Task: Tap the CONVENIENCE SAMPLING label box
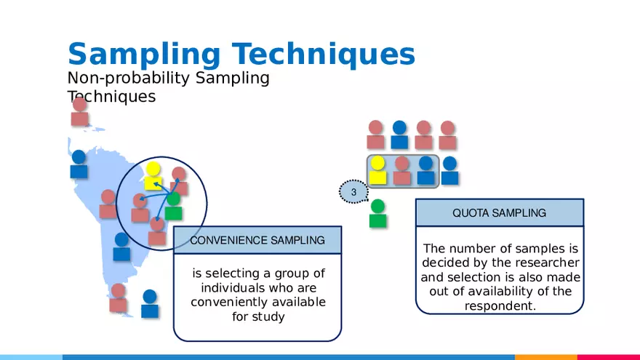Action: (x=257, y=240)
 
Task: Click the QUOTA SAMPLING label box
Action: (x=499, y=213)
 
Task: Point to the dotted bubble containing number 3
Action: (x=353, y=192)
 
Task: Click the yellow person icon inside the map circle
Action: (x=153, y=176)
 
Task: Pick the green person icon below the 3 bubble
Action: (x=377, y=214)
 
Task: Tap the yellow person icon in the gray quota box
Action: (x=377, y=170)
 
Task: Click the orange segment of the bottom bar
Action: (x=545, y=357)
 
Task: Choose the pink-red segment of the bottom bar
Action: (x=608, y=357)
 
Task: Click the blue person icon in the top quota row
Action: (x=399, y=135)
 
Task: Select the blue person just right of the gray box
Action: (x=449, y=170)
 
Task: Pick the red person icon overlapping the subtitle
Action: (x=80, y=112)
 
